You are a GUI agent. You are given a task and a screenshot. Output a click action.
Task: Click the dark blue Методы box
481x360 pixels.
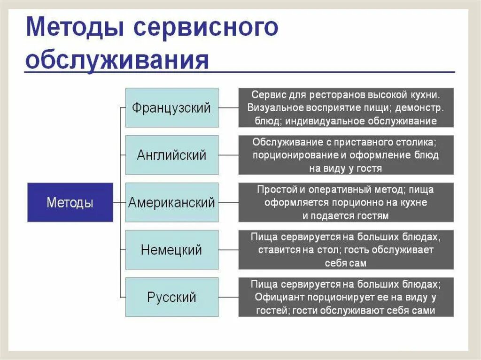pos(70,202)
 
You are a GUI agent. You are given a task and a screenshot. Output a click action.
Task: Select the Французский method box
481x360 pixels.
pos(171,107)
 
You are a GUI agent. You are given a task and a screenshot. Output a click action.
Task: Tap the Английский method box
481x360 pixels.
pos(171,155)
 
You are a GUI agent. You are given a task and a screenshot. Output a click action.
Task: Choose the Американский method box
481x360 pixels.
pos(171,202)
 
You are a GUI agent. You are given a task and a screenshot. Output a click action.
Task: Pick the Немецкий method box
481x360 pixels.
pos(171,250)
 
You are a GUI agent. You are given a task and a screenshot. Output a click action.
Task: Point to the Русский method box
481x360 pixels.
pos(171,297)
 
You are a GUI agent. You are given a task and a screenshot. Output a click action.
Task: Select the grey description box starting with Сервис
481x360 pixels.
pos(346,107)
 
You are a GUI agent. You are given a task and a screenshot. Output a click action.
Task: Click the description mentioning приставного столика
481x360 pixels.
pos(346,155)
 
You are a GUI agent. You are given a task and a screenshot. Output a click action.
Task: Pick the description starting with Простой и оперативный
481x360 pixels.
pos(346,202)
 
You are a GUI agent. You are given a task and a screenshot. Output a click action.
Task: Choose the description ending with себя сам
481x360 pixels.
pos(346,250)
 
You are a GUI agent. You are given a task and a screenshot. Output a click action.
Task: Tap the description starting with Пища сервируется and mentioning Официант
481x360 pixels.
pos(346,297)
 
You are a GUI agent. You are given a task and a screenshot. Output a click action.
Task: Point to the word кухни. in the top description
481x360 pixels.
pos(425,95)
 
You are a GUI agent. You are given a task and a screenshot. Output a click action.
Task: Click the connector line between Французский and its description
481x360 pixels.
pos(228,107)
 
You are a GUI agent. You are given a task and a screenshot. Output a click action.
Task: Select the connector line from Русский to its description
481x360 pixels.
pos(228,297)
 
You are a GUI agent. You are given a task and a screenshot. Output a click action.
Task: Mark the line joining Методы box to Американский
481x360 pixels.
pos(119,202)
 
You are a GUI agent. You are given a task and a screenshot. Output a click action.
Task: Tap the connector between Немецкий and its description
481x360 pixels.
pos(228,250)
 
